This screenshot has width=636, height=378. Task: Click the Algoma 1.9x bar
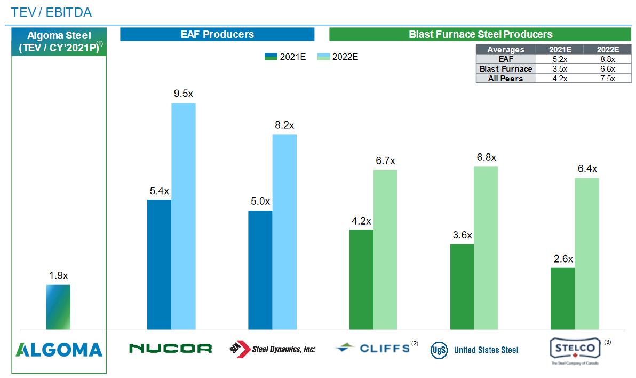click(x=58, y=307)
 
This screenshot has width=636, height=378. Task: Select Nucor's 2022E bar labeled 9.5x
click(x=183, y=216)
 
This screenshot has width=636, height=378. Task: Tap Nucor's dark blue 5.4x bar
click(x=159, y=265)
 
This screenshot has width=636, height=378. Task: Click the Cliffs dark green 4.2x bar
click(x=361, y=280)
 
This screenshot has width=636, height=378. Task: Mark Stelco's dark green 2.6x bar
click(x=562, y=298)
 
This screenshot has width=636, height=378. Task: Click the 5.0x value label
click(x=260, y=202)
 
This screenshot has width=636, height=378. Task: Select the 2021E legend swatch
click(x=271, y=57)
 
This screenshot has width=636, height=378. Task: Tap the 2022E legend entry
click(x=337, y=57)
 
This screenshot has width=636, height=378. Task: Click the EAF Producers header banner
click(x=217, y=35)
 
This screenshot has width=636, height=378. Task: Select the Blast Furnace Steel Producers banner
click(x=480, y=35)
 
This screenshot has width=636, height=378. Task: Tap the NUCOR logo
click(x=170, y=349)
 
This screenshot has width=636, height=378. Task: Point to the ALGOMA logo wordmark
click(x=59, y=350)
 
